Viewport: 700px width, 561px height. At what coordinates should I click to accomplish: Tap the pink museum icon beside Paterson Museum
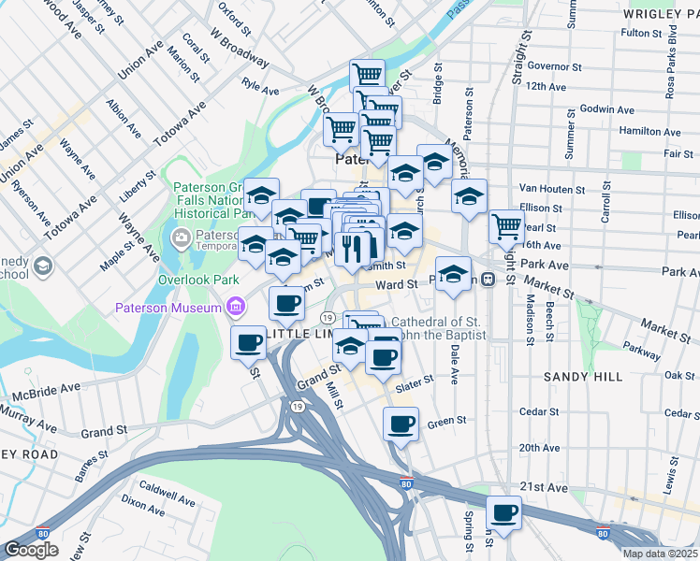[233, 308]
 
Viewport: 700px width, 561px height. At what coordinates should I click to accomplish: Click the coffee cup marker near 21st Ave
[503, 513]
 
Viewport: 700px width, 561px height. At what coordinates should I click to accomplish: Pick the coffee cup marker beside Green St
[401, 424]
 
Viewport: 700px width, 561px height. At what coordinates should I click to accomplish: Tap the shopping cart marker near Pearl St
[506, 225]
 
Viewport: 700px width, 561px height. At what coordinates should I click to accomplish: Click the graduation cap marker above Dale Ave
[453, 274]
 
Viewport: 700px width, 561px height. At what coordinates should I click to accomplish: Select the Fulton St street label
[641, 33]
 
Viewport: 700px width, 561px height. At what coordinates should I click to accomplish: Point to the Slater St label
[415, 381]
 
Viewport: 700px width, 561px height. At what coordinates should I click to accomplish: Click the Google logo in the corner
[31, 550]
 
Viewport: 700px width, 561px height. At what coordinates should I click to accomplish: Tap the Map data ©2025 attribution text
[660, 554]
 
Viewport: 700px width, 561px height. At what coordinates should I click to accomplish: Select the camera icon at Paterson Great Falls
[182, 236]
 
